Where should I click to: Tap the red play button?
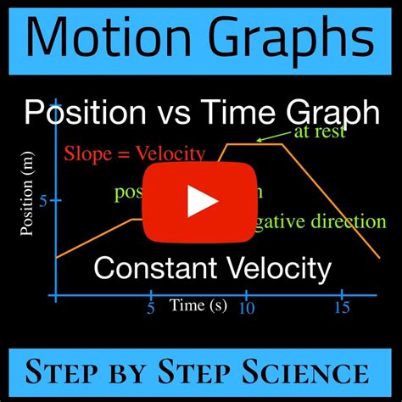(x=201, y=200)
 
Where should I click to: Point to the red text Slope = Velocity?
(x=135, y=154)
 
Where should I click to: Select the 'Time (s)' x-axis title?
(x=198, y=304)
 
